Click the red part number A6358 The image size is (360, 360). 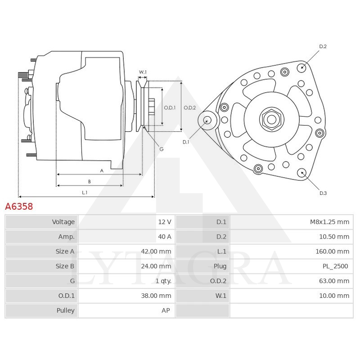point(19,207)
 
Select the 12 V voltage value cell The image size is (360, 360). point(164,222)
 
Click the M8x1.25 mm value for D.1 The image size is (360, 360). point(329,222)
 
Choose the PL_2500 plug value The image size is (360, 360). point(335,266)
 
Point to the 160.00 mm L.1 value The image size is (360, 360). point(332,252)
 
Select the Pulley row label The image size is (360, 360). point(66,310)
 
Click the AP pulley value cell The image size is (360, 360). point(166,310)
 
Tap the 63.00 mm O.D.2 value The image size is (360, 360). point(334,281)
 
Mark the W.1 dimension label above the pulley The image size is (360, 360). point(143,72)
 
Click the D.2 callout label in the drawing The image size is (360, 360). point(323,47)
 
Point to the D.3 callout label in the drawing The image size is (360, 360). point(323,193)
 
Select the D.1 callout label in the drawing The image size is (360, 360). point(186,142)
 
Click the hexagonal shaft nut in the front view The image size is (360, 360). point(271,119)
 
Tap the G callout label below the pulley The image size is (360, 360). point(161,148)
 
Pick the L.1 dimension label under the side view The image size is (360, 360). point(84,193)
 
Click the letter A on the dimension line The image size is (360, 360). point(102,171)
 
